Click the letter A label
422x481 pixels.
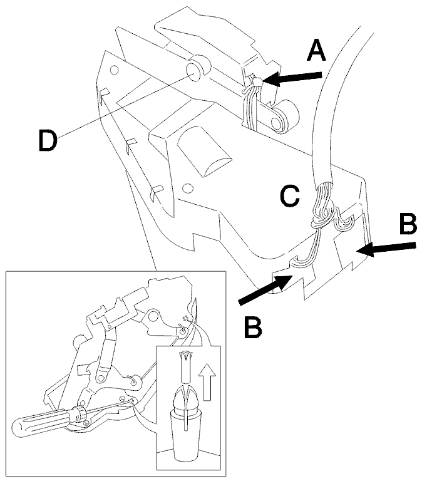coord(316,51)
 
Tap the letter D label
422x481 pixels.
coord(48,140)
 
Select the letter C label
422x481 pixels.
coord(290,195)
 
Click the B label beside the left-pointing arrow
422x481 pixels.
coord(408,224)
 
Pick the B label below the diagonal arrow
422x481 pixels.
coord(254,328)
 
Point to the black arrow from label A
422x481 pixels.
coord(292,78)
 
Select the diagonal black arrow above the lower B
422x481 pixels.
coord(265,289)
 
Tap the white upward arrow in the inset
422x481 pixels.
coord(207,381)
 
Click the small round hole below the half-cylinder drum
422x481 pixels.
coord(187,187)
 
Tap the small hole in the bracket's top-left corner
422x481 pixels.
coord(114,70)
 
